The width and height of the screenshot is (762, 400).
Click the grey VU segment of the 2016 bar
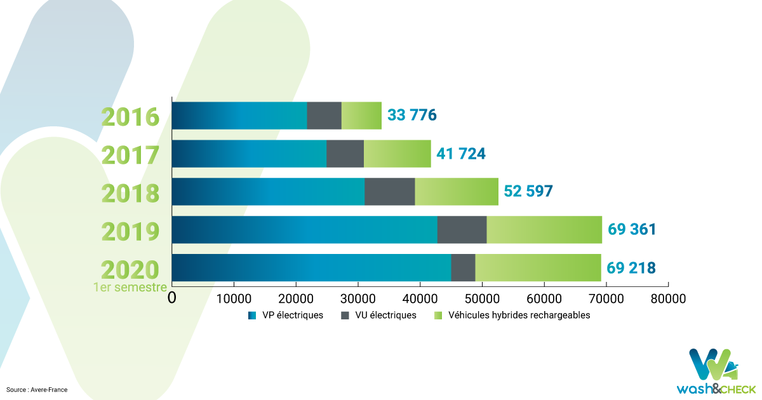click(x=324, y=116)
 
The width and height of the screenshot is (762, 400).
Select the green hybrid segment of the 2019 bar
click(x=544, y=230)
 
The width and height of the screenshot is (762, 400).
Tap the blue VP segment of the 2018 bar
click(x=268, y=192)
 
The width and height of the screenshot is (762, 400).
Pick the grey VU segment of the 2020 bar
click(x=464, y=268)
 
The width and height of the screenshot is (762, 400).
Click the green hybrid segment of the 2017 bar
click(x=398, y=154)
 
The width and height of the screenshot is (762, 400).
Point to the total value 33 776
click(x=412, y=115)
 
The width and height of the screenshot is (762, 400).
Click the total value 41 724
click(x=461, y=154)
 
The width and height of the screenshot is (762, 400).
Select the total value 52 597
click(x=528, y=191)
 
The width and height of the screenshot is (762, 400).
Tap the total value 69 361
click(x=632, y=229)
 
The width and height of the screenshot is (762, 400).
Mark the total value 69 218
click(x=631, y=268)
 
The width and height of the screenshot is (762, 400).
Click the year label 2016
click(x=130, y=117)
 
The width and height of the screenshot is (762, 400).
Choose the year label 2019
click(x=130, y=232)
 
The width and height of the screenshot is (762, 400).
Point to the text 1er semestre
click(x=130, y=288)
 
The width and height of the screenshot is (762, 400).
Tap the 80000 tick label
click(x=668, y=298)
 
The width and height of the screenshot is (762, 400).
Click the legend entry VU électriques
click(x=378, y=316)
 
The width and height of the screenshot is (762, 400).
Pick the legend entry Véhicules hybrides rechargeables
click(x=512, y=316)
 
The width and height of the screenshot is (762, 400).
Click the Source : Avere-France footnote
click(x=37, y=390)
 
